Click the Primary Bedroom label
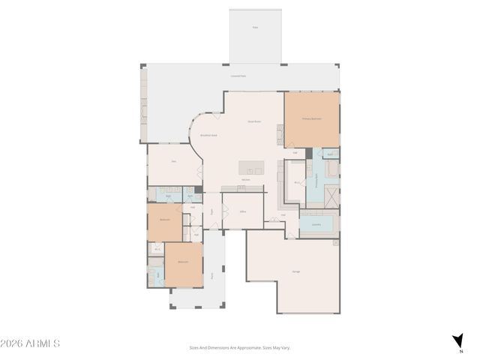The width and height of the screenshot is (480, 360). click(312, 118)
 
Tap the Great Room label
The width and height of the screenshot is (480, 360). click(254, 121)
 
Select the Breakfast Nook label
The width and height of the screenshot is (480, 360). click(208, 136)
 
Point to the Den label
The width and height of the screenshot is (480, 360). click(173, 161)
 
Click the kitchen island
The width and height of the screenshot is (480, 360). click(252, 166)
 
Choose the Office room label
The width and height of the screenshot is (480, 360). click(243, 212)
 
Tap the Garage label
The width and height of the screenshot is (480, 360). click(296, 271)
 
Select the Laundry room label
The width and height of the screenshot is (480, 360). click(316, 223)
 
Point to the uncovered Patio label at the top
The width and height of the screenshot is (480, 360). click(255, 27)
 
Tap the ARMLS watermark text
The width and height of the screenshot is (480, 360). click(30, 343)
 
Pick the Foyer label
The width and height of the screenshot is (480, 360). click(212, 212)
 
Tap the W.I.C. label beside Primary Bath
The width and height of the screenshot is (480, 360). click(297, 182)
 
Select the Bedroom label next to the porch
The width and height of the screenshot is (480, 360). click(183, 262)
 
